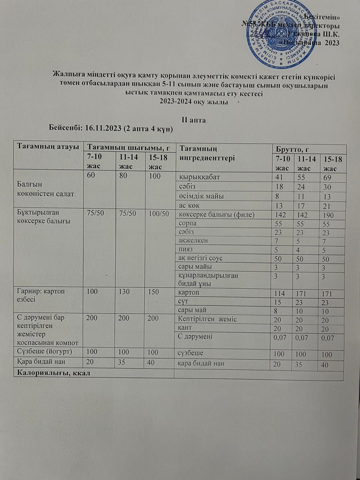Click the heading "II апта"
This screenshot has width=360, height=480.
click(193, 120)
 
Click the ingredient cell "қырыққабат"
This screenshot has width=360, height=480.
click(199, 177)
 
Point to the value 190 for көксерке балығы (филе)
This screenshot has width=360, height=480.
click(328, 215)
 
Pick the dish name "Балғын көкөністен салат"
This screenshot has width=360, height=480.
click(46, 189)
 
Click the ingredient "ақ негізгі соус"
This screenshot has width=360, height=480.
click(201, 258)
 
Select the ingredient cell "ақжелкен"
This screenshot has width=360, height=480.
click(193, 240)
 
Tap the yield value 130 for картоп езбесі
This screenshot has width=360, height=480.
click(124, 292)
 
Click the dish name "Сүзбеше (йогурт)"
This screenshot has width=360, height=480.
click(45, 352)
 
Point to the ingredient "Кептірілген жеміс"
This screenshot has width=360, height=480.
click(207, 319)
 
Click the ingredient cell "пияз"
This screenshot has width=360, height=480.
click(186, 249)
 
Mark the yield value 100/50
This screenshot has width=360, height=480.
click(159, 214)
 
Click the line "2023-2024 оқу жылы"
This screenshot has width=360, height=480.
click(194, 102)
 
